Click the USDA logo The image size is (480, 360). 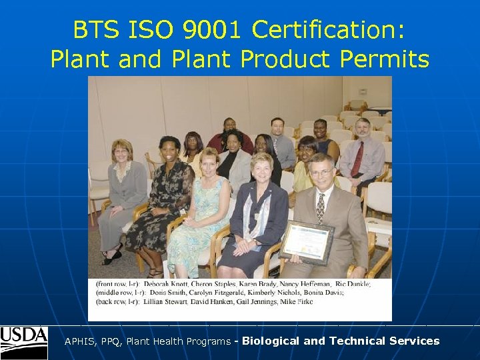tap(24, 343)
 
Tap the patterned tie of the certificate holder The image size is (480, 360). tap(321, 208)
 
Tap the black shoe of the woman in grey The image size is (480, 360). tap(112, 258)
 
